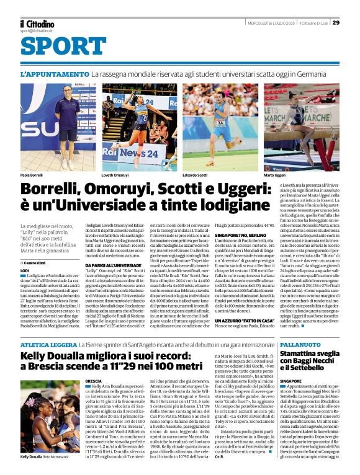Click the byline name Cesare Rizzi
[42, 263]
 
